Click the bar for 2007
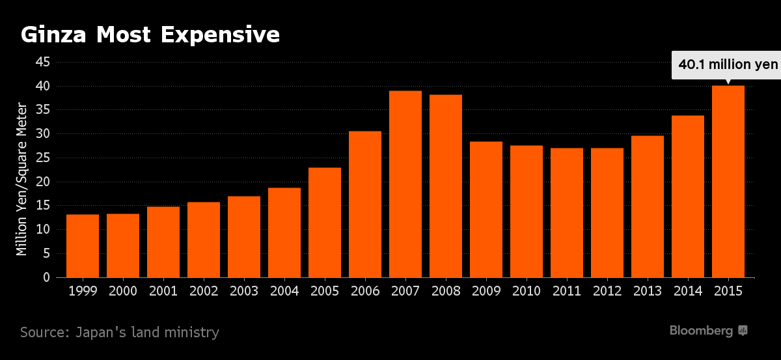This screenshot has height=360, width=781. click(x=405, y=184)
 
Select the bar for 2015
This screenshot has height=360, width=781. click(x=728, y=182)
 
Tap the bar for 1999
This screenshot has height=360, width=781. click(x=83, y=246)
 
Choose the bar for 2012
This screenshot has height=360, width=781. click(x=607, y=213)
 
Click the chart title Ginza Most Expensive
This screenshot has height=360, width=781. click(x=150, y=35)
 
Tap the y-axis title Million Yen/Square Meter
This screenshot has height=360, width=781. click(x=22, y=178)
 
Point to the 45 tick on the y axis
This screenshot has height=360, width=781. click(x=43, y=62)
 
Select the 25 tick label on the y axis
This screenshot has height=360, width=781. click(x=43, y=158)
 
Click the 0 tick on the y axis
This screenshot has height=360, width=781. click(x=46, y=278)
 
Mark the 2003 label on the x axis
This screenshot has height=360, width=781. click(x=244, y=291)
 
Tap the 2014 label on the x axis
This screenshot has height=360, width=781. click(x=687, y=291)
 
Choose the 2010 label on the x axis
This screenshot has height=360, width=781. click(x=526, y=291)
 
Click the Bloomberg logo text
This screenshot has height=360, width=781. click(x=701, y=331)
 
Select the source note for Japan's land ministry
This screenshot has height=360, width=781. click(x=120, y=332)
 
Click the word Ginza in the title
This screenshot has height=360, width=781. click(x=54, y=35)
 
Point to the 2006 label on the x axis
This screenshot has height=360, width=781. click(x=364, y=291)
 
